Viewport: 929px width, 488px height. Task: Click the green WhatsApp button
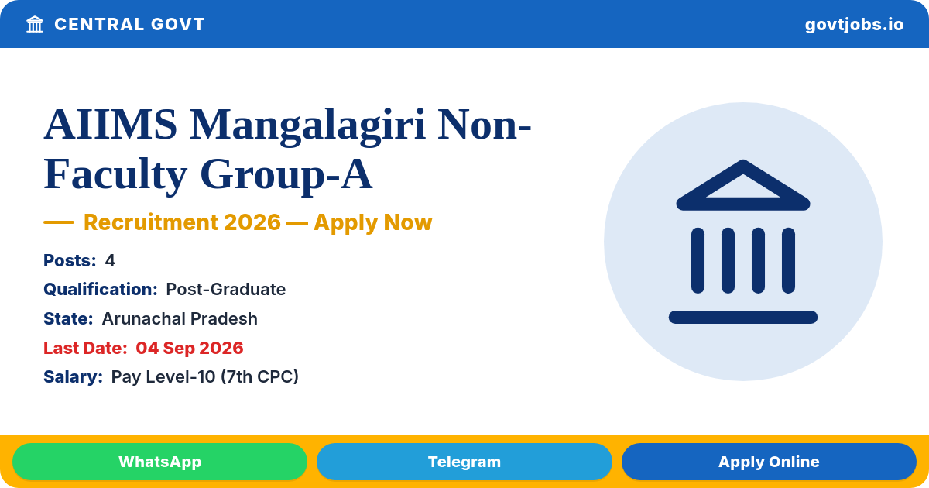[x=159, y=462]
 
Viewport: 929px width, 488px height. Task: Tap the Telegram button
[x=464, y=462]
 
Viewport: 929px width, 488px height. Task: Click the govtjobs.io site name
[x=854, y=25]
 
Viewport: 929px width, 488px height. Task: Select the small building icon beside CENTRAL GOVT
[x=35, y=25]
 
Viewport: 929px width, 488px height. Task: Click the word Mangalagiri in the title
[x=307, y=125]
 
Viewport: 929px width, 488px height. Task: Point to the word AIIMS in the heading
[x=110, y=125]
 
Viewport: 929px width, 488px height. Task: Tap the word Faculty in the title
[x=115, y=175]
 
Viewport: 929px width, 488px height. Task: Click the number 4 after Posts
[x=110, y=260]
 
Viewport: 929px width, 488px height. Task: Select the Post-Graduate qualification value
[x=225, y=289]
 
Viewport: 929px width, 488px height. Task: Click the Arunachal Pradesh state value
[x=180, y=318]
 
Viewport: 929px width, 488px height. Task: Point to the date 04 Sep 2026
[x=190, y=348]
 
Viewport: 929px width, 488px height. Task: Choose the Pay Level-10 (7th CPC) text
[x=205, y=376]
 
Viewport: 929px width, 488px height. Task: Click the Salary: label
[x=73, y=376]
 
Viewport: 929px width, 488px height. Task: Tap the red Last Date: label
[x=85, y=348]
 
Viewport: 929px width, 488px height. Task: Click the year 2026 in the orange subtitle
[x=252, y=222]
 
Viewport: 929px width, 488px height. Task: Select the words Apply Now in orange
[x=373, y=222]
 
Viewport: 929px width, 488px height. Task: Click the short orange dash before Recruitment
[x=59, y=222]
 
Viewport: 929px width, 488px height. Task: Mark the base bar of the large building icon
[x=742, y=317]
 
